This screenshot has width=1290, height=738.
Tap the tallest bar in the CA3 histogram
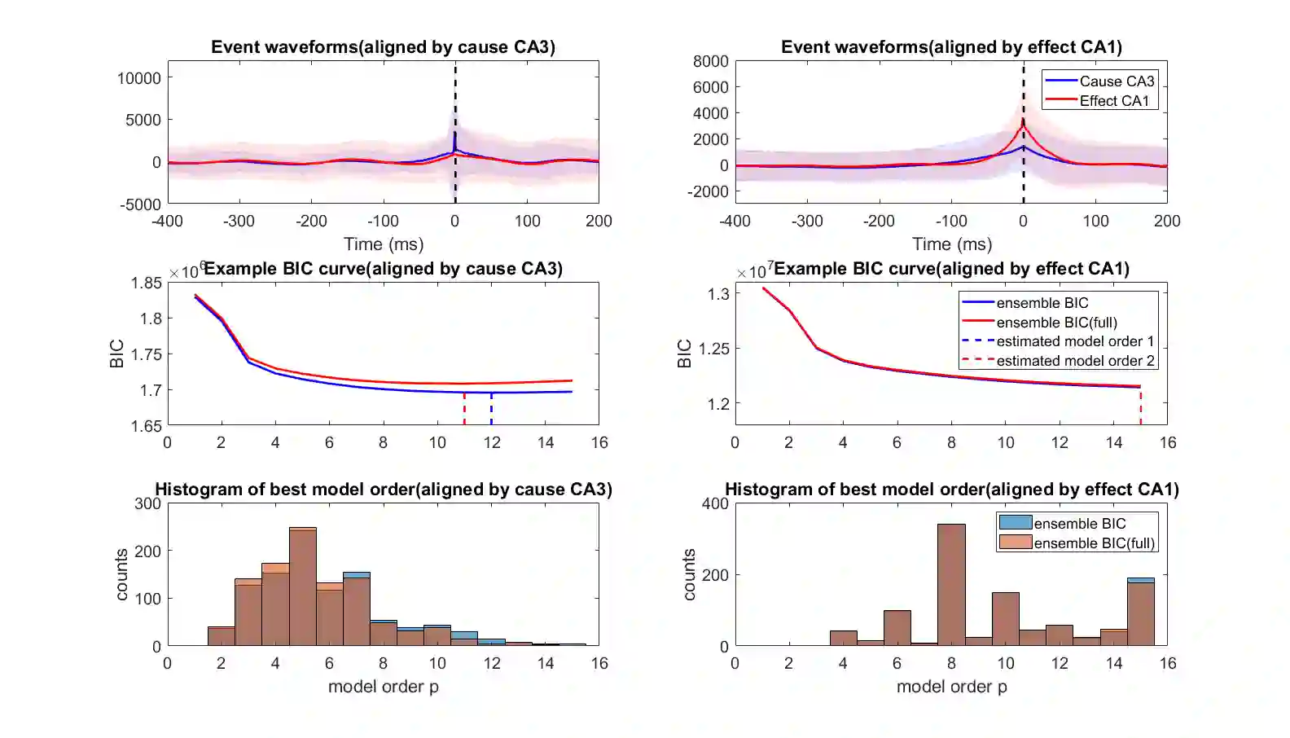point(303,586)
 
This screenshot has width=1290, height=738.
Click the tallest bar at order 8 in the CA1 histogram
point(951,585)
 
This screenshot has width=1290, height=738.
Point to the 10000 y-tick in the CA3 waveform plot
point(139,78)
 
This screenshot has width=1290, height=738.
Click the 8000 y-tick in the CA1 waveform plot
point(710,61)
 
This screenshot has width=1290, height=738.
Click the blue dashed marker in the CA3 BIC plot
point(491,409)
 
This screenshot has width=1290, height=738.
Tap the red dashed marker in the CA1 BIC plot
point(1140,406)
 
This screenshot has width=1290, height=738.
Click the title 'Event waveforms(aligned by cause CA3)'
point(383,47)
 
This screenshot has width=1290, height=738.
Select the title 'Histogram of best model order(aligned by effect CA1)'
point(951,490)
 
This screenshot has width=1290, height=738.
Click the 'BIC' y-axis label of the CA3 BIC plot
point(116,354)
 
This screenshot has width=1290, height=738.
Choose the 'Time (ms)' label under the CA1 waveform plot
point(951,244)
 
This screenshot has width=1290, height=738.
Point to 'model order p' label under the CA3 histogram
point(383,687)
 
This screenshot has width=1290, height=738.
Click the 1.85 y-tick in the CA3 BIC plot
point(147,283)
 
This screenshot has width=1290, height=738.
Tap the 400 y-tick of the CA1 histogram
point(715,503)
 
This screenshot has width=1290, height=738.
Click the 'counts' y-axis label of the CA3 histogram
point(121,574)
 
